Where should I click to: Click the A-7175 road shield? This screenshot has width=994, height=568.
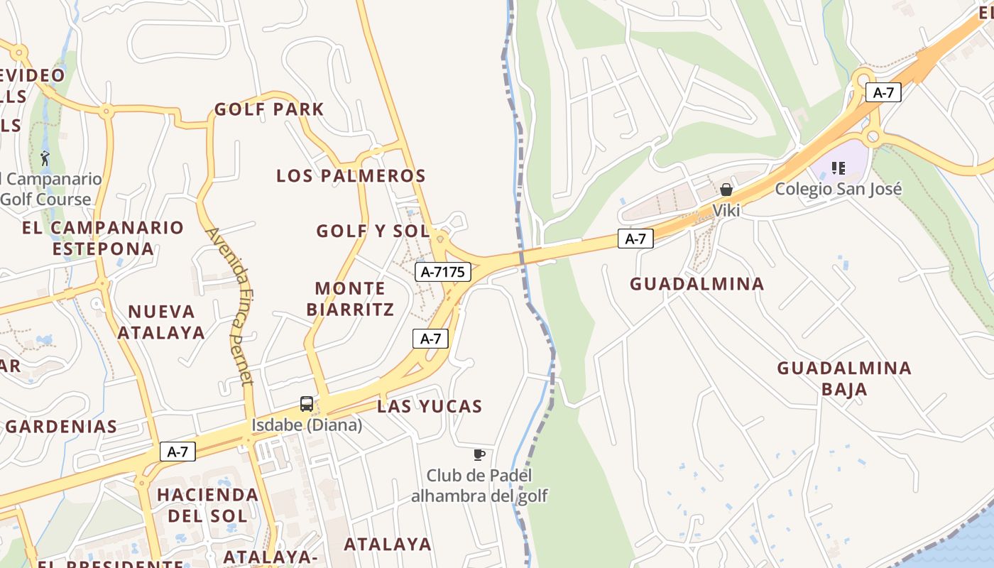pos(443,271)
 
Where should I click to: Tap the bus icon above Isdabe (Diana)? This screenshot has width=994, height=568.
pos(307,404)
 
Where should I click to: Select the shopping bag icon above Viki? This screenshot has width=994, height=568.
pos(726,190)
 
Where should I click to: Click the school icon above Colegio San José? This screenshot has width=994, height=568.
pos(839,168)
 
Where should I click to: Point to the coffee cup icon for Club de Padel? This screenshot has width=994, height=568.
pos(479,454)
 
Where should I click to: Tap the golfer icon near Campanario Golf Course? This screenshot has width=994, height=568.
pos(45,158)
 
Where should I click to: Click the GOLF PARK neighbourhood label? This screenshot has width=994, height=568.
pos(269,109)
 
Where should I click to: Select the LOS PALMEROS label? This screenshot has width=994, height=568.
pos(351,175)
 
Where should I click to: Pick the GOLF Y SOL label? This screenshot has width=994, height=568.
pos(373,231)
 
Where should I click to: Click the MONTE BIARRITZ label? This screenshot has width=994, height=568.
pos(350,299)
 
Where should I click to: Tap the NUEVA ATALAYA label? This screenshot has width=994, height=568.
pos(161,322)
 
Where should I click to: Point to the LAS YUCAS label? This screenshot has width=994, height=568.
pos(430,406)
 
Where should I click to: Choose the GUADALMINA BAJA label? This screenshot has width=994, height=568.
pos(843,378)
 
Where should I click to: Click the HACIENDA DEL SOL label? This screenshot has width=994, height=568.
pos(207,505)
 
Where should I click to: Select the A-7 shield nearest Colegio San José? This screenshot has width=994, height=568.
pos(883,92)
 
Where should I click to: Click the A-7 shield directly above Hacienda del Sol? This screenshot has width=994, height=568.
pos(177,452)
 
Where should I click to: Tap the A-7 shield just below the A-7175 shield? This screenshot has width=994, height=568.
pos(431,339)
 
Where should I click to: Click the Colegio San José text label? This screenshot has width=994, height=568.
pos(838,189)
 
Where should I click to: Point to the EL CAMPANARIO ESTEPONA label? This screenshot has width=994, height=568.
pos(103,238)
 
